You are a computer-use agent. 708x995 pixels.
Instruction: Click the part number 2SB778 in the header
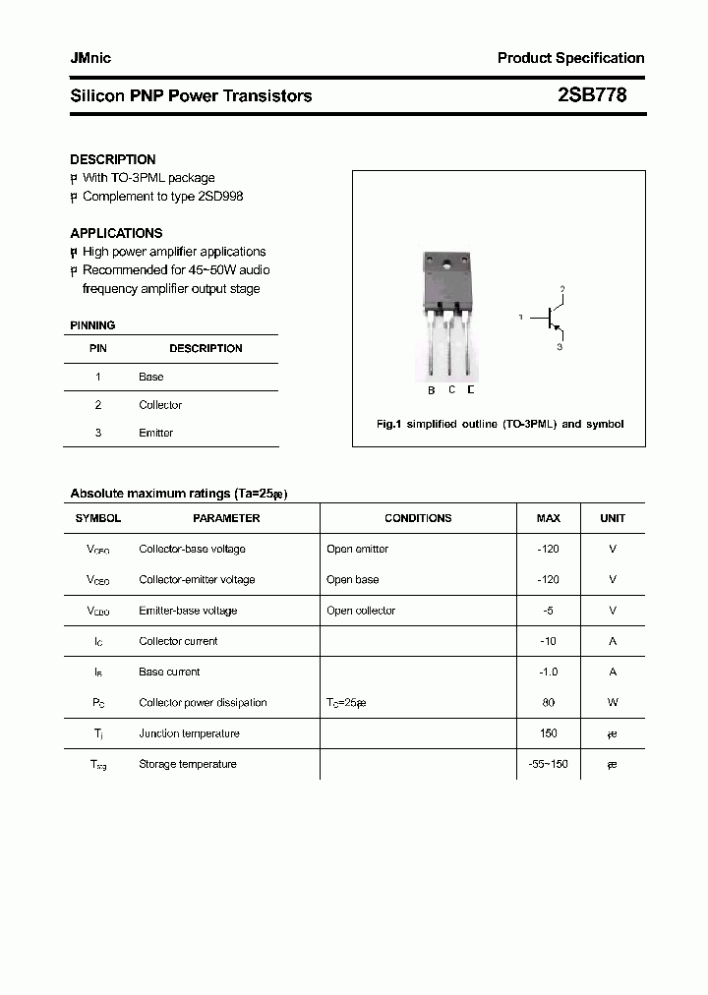click(x=592, y=95)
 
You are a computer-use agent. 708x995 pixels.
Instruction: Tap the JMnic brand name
click(x=90, y=58)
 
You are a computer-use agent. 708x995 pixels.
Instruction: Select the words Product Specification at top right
click(x=570, y=58)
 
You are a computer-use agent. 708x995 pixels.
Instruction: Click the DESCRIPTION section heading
click(x=113, y=159)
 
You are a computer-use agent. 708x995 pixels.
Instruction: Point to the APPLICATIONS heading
click(x=116, y=233)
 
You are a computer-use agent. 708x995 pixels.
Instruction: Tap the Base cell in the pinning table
click(x=151, y=377)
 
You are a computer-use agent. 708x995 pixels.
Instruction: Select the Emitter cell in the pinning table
click(x=155, y=433)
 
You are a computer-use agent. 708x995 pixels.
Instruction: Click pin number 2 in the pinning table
click(x=98, y=405)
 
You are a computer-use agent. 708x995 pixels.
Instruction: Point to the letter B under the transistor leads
click(x=431, y=390)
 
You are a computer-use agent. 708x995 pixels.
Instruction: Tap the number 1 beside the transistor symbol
click(x=521, y=318)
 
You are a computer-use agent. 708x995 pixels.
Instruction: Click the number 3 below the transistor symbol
click(x=560, y=347)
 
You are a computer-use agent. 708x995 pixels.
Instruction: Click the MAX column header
click(x=548, y=518)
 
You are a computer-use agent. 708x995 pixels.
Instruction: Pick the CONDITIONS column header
click(x=418, y=518)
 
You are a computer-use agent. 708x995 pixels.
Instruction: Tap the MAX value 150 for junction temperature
click(x=548, y=733)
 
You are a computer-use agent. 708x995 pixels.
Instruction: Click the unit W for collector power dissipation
click(x=613, y=703)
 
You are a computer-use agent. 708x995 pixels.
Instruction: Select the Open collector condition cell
click(x=361, y=611)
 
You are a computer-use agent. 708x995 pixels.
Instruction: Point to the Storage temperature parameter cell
click(x=188, y=764)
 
